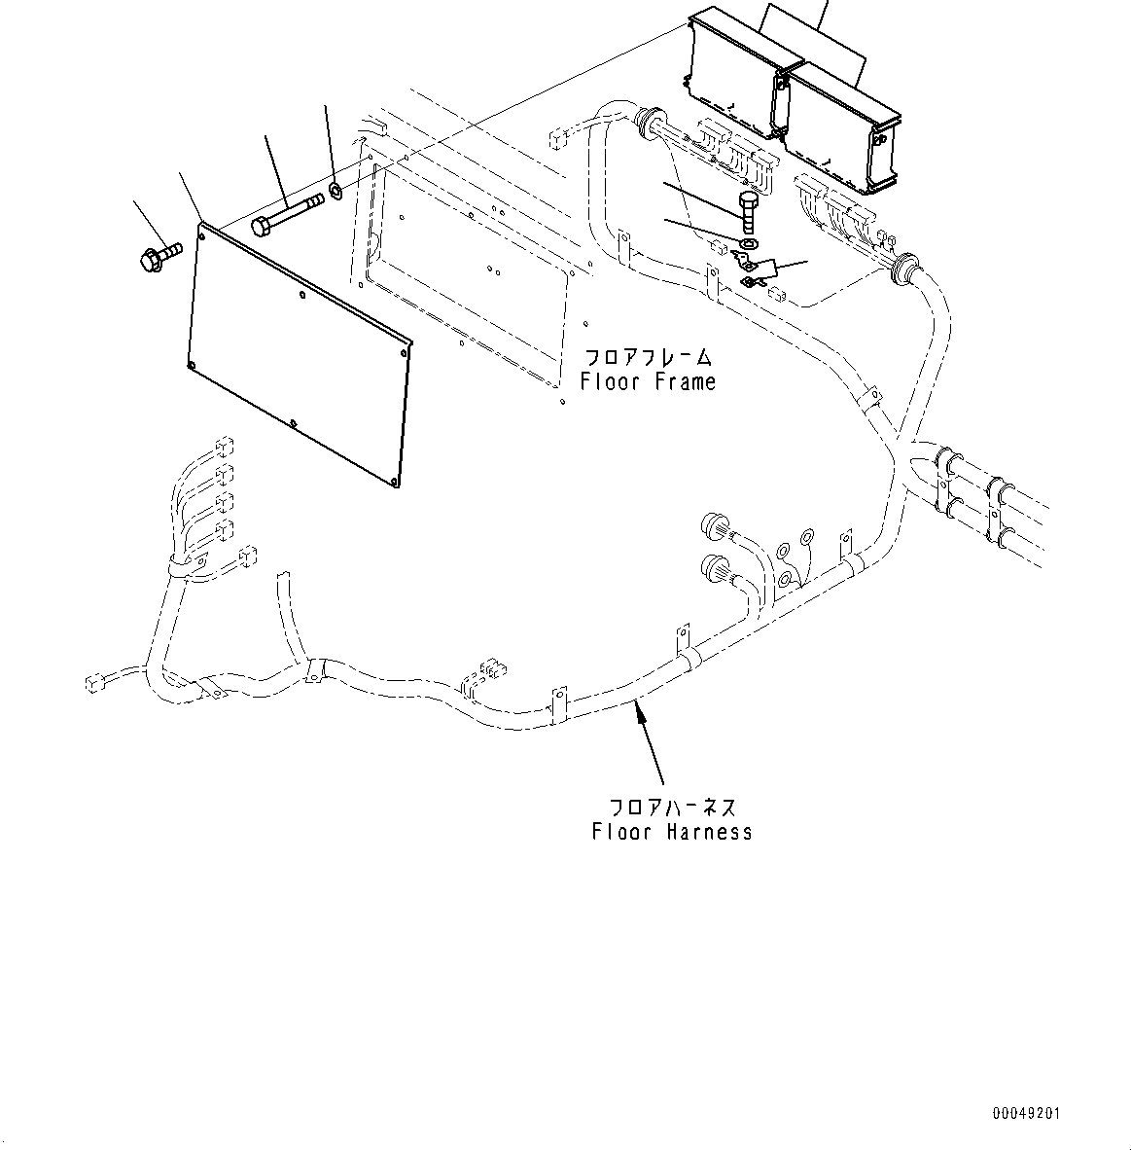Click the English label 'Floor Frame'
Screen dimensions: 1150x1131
pos(648,382)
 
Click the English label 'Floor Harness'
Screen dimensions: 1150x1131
pos(671,832)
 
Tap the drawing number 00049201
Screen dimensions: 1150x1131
pos(1027,1112)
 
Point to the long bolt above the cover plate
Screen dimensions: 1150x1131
pos(287,214)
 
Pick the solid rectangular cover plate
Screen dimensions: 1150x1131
pos(299,351)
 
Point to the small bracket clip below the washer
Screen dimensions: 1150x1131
pos(756,270)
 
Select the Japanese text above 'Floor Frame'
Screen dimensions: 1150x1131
pos(648,357)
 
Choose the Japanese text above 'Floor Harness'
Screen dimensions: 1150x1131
pos(671,807)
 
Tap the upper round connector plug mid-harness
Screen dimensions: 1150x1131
pos(716,527)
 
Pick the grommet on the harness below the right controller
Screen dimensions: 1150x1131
pos(903,265)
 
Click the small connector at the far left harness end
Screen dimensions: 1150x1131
pos(93,681)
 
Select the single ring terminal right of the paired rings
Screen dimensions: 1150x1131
pos(806,537)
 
